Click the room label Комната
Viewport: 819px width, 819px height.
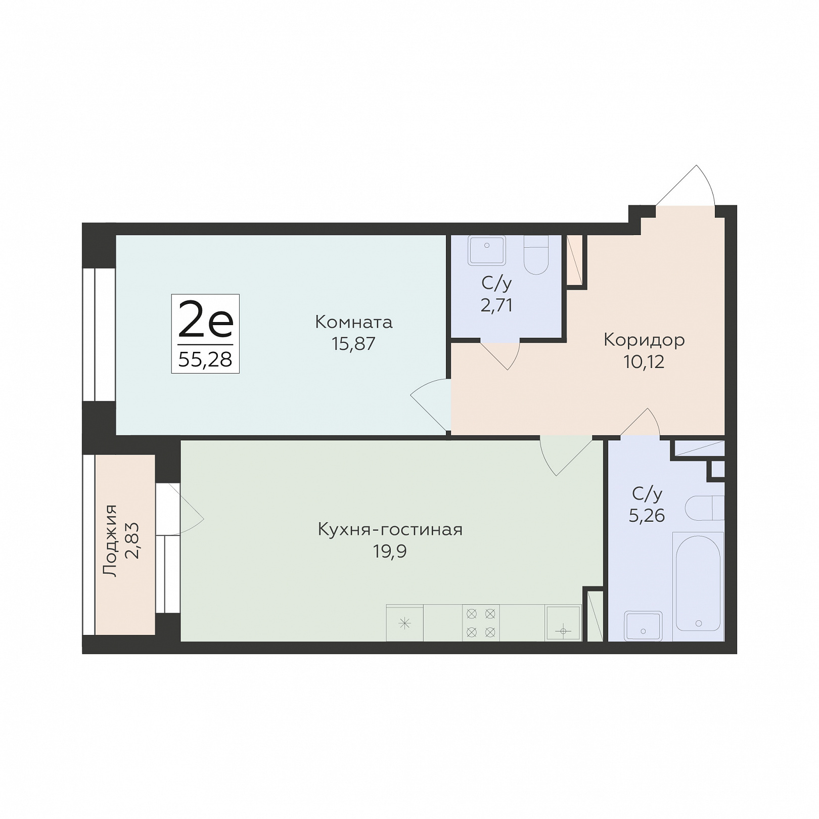point(353,322)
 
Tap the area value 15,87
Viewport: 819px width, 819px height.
point(353,344)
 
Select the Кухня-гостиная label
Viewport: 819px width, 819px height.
point(390,529)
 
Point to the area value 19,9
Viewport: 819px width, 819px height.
point(390,551)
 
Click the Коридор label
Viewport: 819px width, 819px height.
point(644,340)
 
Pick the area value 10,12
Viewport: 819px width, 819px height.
point(644,362)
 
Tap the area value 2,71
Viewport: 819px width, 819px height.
point(496,305)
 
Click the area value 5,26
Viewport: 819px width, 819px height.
point(647,516)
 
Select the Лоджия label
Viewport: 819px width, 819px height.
point(110,540)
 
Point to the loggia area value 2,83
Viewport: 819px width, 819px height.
point(132,540)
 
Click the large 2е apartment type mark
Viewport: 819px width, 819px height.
point(205,320)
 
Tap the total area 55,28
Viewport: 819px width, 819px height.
point(205,359)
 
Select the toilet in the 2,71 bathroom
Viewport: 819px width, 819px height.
point(536,255)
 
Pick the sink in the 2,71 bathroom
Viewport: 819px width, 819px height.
point(487,250)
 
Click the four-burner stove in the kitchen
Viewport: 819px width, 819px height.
point(481,623)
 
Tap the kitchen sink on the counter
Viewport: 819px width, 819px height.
point(563,623)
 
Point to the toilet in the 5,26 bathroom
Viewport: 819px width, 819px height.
point(705,508)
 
